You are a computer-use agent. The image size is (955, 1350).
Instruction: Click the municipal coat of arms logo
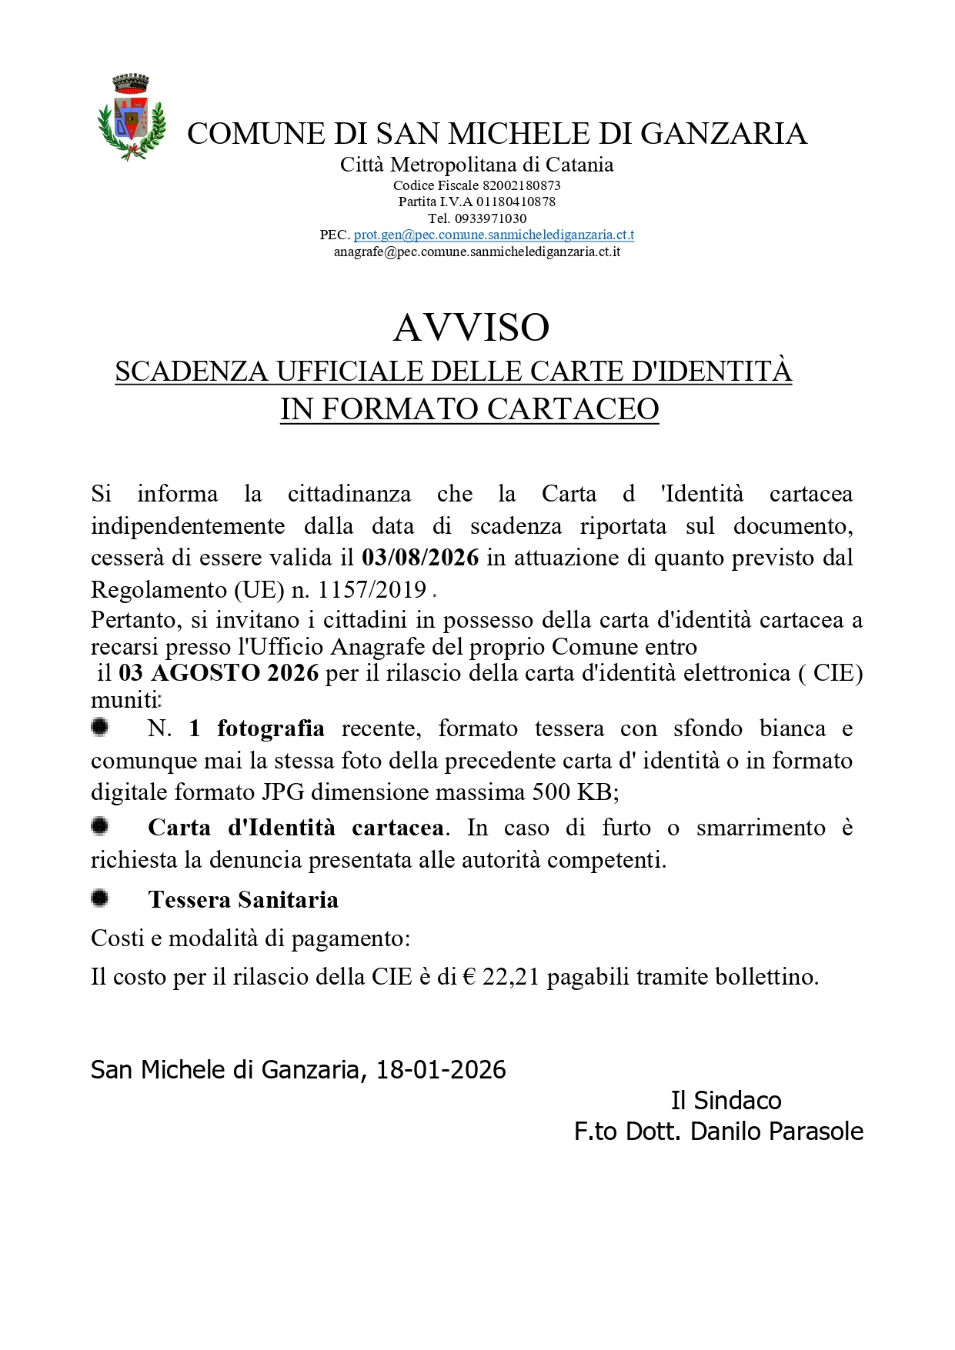(132, 117)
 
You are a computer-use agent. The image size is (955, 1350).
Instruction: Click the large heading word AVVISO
(471, 328)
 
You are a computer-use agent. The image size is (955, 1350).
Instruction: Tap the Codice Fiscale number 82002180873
(521, 185)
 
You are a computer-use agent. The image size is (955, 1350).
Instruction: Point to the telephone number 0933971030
(490, 218)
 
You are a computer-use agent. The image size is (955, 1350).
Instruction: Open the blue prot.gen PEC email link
(493, 235)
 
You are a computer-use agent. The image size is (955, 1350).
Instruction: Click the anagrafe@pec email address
(477, 252)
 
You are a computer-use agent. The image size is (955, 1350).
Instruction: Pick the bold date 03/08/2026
(420, 558)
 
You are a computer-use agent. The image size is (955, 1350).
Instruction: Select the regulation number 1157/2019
(372, 590)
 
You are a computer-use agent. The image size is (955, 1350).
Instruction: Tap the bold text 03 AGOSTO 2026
(219, 673)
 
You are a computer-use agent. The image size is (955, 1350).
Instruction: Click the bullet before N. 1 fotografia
(99, 727)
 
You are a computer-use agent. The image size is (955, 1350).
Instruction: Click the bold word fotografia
(271, 728)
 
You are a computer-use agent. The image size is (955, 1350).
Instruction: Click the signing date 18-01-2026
(441, 1070)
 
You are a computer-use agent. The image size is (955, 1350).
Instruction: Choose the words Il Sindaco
(726, 1101)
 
